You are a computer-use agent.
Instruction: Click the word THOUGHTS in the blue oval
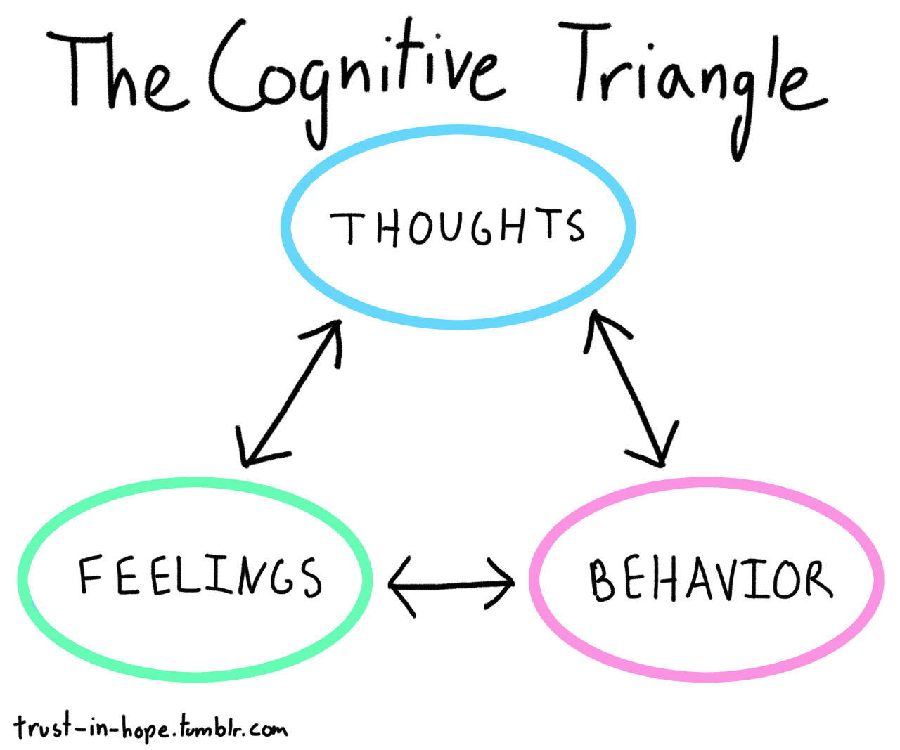457,226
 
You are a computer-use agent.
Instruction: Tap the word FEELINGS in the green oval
200,576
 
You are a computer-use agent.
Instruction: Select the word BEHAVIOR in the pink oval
710,580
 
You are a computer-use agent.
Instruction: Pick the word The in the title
116,74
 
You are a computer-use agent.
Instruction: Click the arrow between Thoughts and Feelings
290,394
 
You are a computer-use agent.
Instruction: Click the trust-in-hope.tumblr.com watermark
150,728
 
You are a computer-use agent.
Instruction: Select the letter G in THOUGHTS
483,226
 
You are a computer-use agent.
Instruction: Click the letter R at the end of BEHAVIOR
817,581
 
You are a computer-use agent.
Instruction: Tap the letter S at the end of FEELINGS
310,578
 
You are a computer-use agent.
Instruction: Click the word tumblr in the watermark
210,728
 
